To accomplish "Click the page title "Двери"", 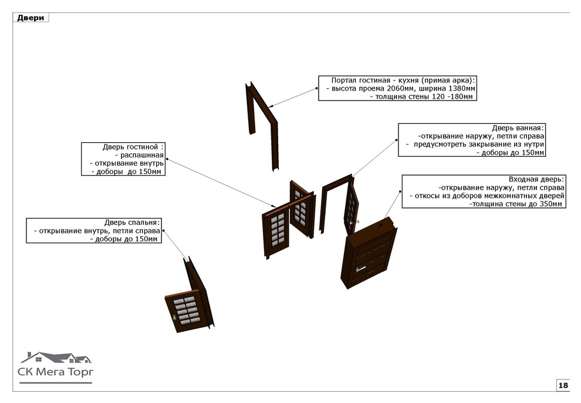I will point(30,18).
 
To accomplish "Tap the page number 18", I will point(563,385).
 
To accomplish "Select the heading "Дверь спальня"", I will point(131,222).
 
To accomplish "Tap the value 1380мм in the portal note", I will point(460,88).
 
